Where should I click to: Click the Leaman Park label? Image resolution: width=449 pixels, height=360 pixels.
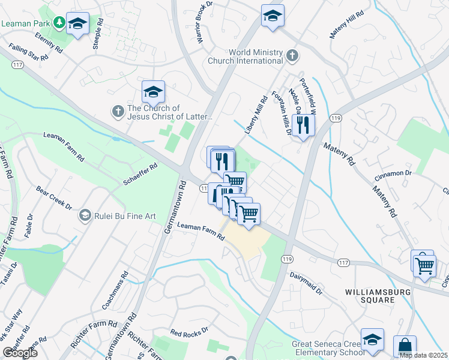[26, 23]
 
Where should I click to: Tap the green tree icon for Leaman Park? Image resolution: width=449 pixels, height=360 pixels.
[59, 23]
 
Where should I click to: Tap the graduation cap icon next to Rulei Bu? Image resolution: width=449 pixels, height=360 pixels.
[85, 215]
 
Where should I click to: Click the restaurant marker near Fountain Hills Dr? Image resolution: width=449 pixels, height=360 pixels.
[303, 125]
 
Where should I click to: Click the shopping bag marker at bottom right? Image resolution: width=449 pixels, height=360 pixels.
[405, 346]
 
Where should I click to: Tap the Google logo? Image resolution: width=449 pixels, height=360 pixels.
[20, 353]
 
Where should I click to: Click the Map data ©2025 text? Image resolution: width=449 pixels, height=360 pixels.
[423, 355]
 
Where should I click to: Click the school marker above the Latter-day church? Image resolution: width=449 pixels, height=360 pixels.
[153, 92]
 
